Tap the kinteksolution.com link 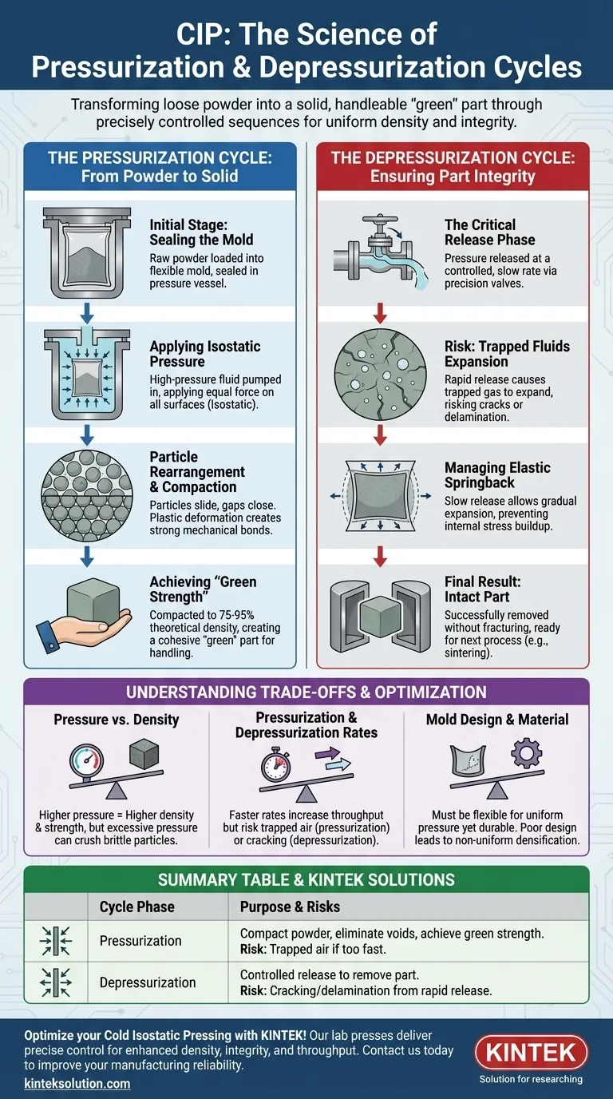77,1084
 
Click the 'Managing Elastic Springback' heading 497,475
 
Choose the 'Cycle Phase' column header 136,907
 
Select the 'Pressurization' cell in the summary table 140,941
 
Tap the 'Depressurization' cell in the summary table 148,982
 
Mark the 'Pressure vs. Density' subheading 117,720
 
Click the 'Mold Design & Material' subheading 498,720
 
